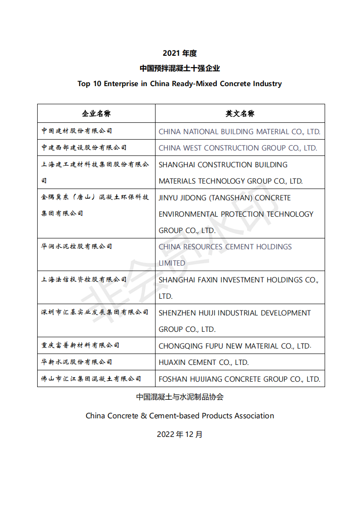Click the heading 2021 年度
click(x=180, y=53)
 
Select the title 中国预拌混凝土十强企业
click(x=180, y=68)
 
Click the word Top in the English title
click(x=84, y=84)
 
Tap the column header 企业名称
click(x=96, y=113)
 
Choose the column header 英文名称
click(x=240, y=113)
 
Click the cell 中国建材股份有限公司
click(x=77, y=131)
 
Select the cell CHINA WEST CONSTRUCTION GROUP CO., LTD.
click(x=238, y=148)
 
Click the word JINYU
click(x=169, y=198)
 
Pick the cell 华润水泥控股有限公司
click(x=77, y=247)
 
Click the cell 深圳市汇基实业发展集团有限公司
click(x=95, y=313)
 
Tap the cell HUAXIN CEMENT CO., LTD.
click(x=204, y=363)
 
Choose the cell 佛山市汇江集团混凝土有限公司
click(x=91, y=379)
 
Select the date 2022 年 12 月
click(x=180, y=434)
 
